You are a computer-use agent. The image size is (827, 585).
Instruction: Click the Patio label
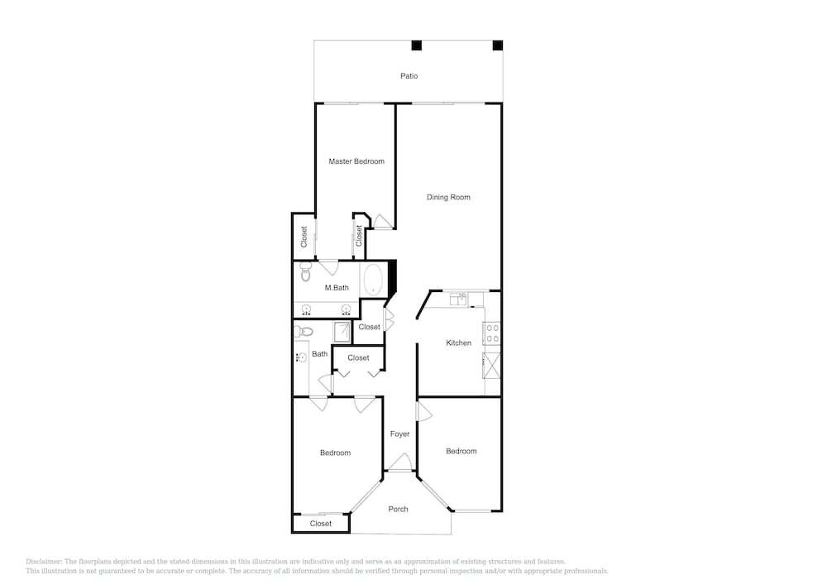409,76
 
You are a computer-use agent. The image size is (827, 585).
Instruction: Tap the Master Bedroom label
356,161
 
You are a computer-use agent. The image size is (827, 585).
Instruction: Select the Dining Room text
448,197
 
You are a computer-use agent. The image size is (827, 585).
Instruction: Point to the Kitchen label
458,343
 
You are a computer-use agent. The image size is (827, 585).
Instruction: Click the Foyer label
399,434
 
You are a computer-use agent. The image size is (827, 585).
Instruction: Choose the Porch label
399,509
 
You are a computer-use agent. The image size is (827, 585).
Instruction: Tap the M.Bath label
337,288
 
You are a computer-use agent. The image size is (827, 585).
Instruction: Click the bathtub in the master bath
374,279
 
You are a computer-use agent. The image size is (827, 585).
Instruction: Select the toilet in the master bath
306,271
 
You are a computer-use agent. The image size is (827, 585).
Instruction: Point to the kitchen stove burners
492,333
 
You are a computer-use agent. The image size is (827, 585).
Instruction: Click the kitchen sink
458,300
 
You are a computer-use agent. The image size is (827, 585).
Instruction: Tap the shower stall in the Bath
342,333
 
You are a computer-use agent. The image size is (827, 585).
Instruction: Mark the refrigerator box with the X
492,365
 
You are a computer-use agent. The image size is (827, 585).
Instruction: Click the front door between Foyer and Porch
400,463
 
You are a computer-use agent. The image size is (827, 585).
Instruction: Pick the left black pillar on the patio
417,46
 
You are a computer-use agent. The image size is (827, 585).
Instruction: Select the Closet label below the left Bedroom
321,524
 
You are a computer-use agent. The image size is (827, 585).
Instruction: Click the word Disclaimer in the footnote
44,562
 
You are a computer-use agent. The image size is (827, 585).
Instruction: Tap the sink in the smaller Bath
302,358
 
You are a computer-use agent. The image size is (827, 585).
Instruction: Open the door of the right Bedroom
423,411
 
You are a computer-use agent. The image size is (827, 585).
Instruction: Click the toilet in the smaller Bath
304,332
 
